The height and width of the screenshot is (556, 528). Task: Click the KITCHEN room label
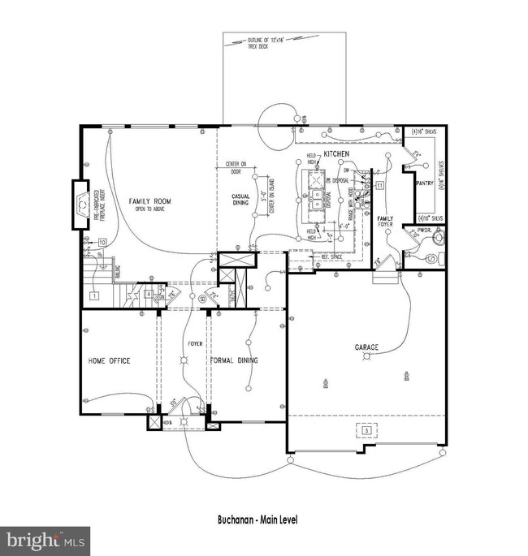point(336,153)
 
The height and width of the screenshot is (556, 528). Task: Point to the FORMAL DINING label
point(234,360)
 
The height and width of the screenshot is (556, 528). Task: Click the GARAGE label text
point(366,347)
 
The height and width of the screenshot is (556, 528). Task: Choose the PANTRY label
point(423,183)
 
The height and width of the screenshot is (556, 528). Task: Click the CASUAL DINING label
point(241,200)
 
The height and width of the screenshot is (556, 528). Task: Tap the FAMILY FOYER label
point(385,221)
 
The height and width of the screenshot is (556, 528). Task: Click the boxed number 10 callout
point(102,242)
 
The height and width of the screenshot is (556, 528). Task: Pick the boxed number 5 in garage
point(366,429)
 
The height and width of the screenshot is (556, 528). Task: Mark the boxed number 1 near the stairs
point(94,296)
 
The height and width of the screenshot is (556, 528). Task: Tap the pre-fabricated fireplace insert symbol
point(84,206)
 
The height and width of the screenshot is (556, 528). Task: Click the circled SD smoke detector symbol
point(201,300)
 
